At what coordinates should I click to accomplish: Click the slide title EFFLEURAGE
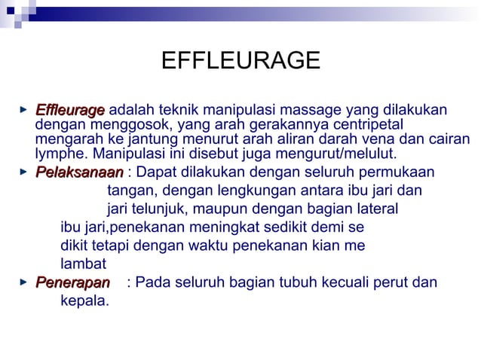click(240, 59)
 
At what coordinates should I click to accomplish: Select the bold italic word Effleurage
click(70, 111)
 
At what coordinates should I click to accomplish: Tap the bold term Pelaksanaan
click(78, 172)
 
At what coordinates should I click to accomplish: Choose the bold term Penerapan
click(72, 283)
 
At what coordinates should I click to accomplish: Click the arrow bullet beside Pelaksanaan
click(23, 172)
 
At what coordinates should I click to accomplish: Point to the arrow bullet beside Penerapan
click(23, 282)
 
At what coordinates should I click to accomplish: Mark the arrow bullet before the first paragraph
click(23, 111)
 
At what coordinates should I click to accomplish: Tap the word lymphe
click(59, 154)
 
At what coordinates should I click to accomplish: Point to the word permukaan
click(401, 172)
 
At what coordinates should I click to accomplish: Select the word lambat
click(83, 264)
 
